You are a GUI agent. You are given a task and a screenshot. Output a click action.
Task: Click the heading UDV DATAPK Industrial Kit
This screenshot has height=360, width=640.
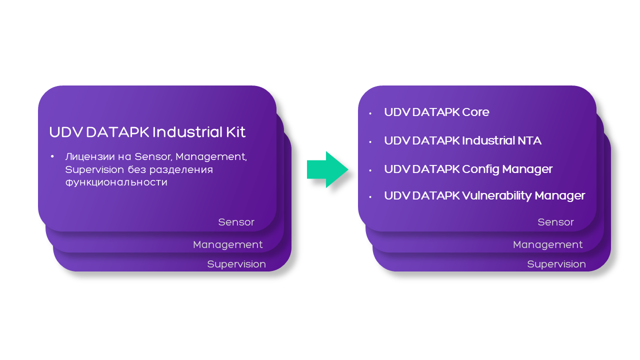click(147, 132)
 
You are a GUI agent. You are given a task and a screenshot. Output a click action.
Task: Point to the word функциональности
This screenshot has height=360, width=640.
click(116, 182)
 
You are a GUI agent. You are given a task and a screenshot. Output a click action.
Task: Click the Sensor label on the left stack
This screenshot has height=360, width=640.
click(236, 222)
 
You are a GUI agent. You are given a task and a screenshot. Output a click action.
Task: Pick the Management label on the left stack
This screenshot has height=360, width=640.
click(227, 244)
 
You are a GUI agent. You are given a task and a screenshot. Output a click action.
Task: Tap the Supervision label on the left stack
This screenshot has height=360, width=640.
click(236, 264)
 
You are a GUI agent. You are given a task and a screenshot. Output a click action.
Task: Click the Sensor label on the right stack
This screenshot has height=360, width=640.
click(555, 222)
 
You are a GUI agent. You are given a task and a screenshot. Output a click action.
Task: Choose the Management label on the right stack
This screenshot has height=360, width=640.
click(547, 244)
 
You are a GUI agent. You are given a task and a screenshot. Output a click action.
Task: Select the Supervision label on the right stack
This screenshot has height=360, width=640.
click(556, 264)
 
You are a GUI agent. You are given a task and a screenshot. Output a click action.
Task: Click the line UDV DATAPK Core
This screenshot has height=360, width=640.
click(436, 112)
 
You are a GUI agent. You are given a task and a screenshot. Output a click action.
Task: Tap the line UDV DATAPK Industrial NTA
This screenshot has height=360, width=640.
click(462, 140)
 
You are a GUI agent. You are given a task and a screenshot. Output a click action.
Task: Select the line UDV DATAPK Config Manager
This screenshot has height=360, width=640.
click(468, 169)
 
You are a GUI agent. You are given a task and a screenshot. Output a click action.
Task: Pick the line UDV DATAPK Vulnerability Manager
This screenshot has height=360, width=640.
click(484, 195)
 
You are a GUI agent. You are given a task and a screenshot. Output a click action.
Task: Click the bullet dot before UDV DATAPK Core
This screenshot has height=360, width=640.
click(370, 113)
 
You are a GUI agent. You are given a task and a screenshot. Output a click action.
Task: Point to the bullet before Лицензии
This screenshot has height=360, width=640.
click(52, 157)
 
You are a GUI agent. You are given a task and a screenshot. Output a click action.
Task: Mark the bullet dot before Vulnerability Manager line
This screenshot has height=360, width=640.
click(370, 197)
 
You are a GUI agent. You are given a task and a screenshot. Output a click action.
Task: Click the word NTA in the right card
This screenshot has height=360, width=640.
click(529, 140)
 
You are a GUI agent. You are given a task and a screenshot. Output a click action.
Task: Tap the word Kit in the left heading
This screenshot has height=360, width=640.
click(235, 132)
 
